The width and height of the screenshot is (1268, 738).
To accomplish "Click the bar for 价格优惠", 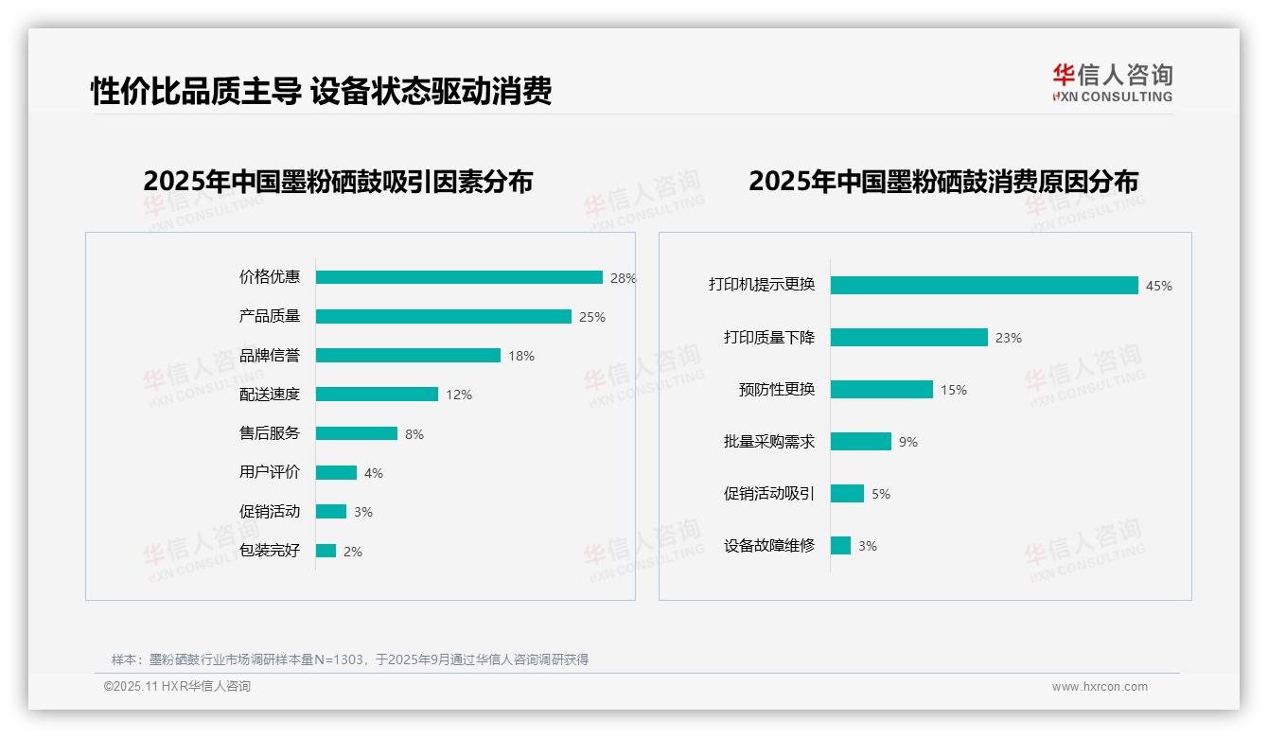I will (459, 277).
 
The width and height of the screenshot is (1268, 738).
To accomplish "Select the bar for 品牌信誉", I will (408, 356).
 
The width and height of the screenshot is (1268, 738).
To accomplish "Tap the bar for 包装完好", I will (326, 551).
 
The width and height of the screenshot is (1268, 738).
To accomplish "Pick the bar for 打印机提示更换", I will (984, 285).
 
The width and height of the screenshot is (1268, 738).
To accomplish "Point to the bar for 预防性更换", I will (882, 390).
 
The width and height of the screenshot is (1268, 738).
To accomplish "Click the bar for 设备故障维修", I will (840, 546).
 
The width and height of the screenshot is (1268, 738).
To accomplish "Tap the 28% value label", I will (623, 278).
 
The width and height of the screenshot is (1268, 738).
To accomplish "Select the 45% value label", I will (1158, 286).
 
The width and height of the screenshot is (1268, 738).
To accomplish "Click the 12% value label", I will (459, 395).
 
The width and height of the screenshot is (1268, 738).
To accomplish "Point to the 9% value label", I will (907, 442).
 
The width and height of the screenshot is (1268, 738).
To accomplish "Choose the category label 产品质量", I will (270, 316).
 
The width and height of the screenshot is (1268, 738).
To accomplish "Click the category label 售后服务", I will (270, 433).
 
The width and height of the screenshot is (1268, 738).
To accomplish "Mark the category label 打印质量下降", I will (768, 338).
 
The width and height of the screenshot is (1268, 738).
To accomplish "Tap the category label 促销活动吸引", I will (768, 494).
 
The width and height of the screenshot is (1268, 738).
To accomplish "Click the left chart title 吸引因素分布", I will (338, 181).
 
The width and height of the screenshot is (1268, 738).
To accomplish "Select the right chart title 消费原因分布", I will (942, 181).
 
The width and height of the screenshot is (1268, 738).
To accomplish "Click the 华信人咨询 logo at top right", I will (1112, 82).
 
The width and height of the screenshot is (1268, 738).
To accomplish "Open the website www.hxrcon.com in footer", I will (1100, 687).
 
